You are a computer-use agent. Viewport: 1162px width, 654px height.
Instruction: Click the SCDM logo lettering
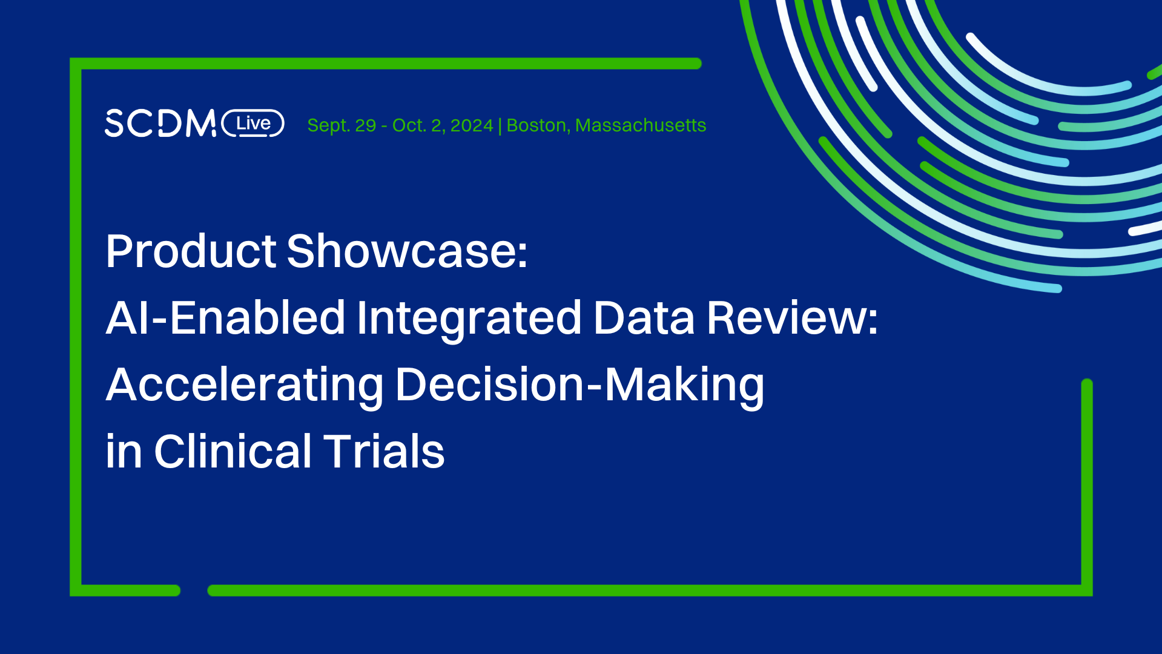coord(160,124)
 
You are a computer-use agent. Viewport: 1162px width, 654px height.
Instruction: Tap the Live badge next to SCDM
coord(253,124)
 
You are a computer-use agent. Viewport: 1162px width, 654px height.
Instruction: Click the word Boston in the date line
coord(536,125)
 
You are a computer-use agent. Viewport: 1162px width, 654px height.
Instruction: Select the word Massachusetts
coord(641,125)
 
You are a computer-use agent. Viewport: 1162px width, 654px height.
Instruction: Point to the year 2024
coord(472,125)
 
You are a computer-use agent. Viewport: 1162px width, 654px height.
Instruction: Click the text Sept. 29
coord(342,125)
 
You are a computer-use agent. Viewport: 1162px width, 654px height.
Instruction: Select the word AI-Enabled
coord(225,318)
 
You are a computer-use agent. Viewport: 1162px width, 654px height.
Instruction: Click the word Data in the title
coord(644,318)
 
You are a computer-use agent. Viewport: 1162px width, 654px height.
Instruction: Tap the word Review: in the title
coord(792,318)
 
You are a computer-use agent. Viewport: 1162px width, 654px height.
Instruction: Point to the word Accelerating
coord(245,385)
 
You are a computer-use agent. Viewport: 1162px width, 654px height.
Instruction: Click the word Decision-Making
coord(579,385)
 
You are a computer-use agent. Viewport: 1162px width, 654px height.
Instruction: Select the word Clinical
coord(233,452)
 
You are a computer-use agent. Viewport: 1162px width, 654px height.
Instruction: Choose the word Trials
coord(384,452)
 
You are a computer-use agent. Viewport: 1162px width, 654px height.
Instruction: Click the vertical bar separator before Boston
coord(500,126)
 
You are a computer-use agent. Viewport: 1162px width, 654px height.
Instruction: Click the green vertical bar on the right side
coord(1087,484)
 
